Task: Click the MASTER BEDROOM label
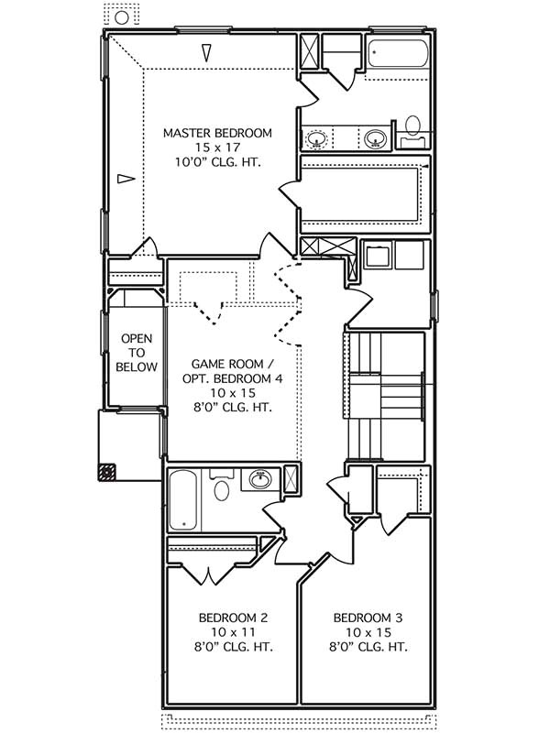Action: [217, 134]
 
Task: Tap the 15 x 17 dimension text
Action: [217, 148]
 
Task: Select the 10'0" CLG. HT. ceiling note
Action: [217, 162]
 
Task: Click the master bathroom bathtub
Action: [398, 56]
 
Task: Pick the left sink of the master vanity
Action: [317, 140]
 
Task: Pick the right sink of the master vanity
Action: [374, 139]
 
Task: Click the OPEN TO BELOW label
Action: [137, 352]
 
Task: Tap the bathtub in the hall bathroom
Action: [184, 500]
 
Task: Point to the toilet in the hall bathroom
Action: [221, 489]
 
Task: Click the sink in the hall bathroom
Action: [260, 478]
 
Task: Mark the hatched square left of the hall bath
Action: [107, 473]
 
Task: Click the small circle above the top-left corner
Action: [121, 17]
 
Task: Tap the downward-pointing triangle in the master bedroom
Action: [208, 53]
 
